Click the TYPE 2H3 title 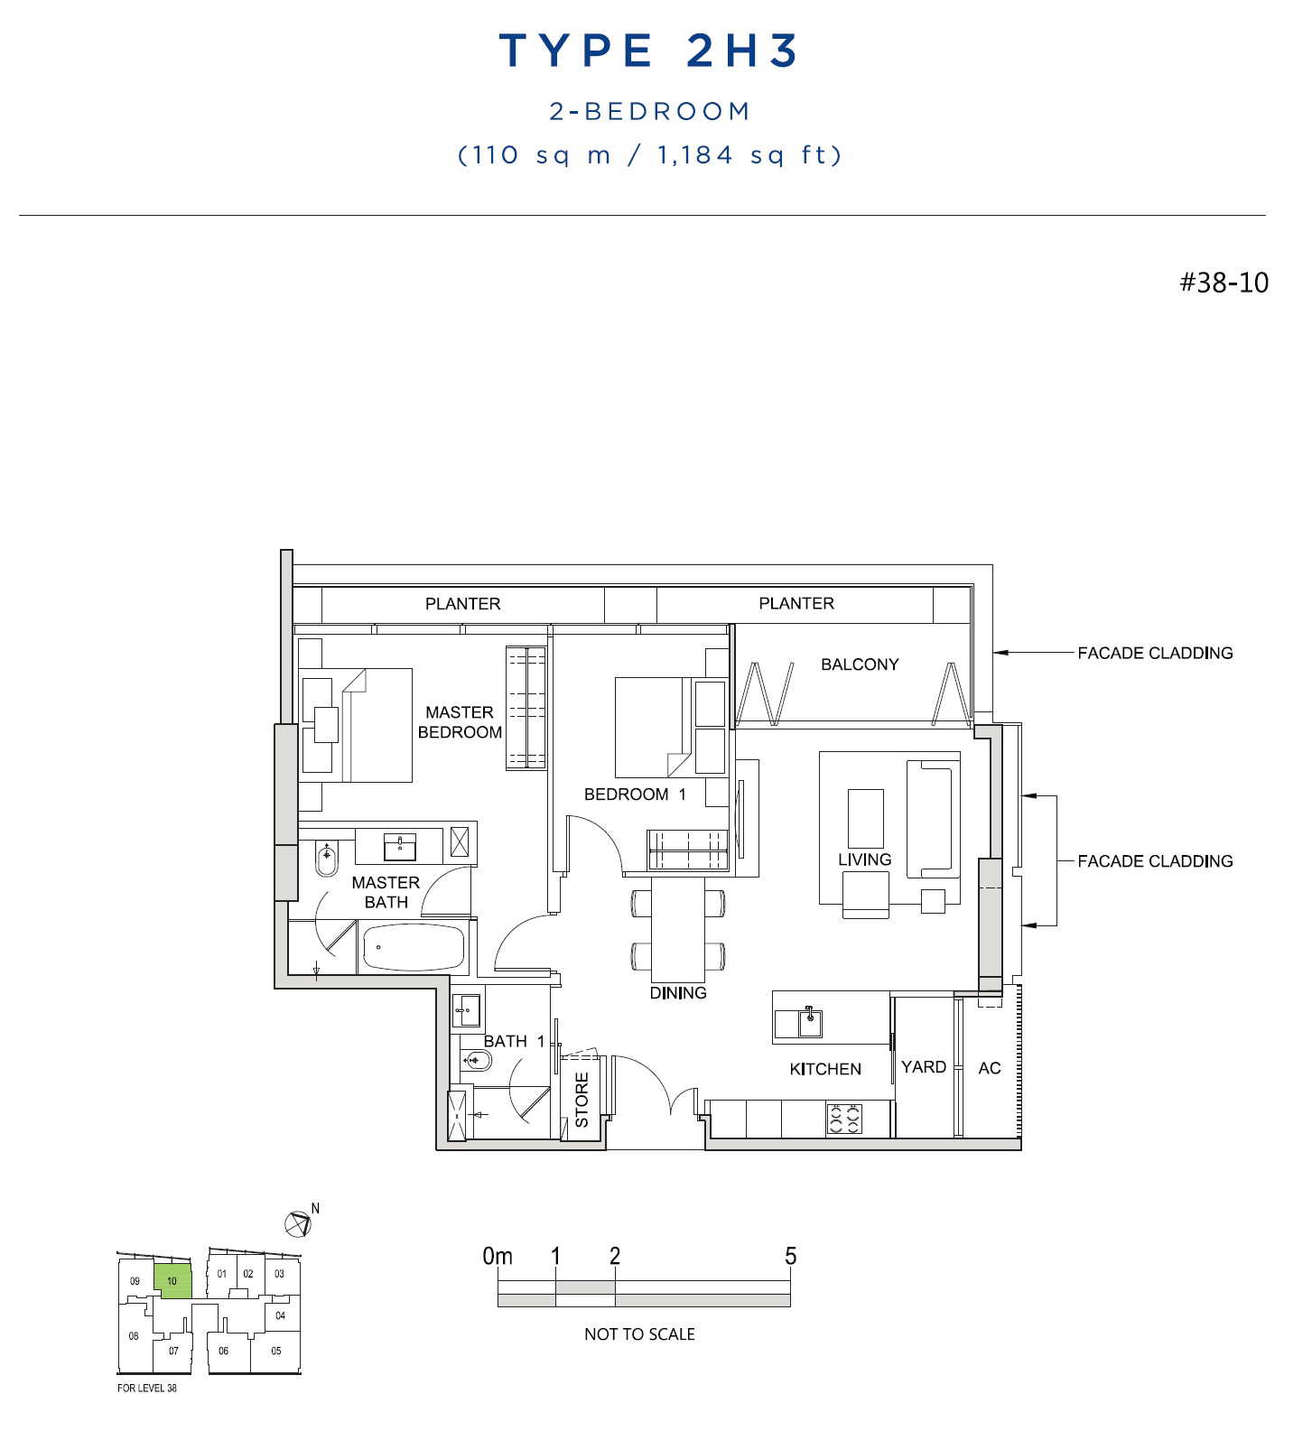click(x=648, y=51)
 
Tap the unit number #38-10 click(x=1224, y=283)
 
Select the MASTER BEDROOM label click(x=460, y=722)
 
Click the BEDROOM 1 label click(x=635, y=794)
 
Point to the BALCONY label click(x=860, y=664)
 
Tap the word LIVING click(x=864, y=860)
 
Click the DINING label click(x=678, y=993)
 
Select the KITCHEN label click(x=825, y=1069)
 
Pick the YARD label click(x=924, y=1067)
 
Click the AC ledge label click(x=990, y=1068)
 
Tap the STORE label click(x=582, y=1100)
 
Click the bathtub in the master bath click(x=414, y=947)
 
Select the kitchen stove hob click(x=844, y=1119)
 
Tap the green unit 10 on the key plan click(x=172, y=1281)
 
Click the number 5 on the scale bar click(x=790, y=1256)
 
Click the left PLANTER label click(x=462, y=604)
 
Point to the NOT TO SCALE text click(x=639, y=1334)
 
